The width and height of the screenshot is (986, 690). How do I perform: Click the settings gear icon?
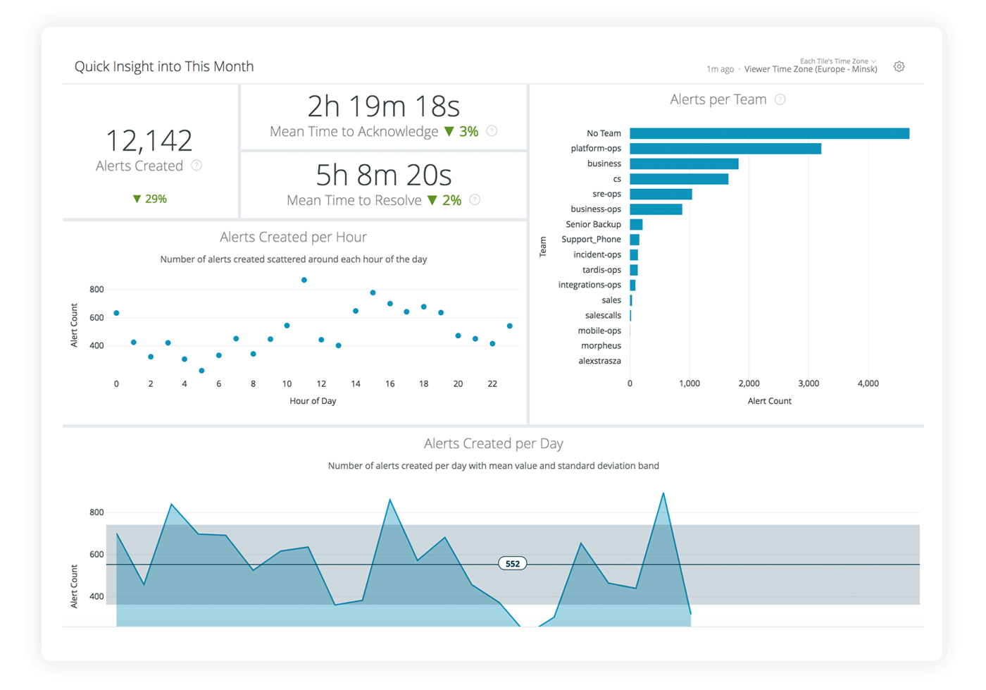(899, 67)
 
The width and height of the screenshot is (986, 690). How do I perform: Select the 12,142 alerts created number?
(149, 141)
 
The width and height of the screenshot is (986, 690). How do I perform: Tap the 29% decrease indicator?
(149, 199)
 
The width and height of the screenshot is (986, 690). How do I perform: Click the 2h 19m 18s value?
(383, 107)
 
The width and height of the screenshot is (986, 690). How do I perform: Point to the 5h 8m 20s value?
(383, 175)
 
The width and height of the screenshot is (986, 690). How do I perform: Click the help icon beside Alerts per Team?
(780, 100)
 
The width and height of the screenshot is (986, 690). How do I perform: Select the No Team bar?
(769, 133)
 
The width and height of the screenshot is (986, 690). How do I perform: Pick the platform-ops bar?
(725, 149)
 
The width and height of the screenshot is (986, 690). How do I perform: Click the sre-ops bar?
(661, 194)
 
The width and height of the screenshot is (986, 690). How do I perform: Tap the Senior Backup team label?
(593, 224)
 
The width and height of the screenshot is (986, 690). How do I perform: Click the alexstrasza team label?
(599, 361)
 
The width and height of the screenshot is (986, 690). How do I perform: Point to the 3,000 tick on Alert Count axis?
(808, 383)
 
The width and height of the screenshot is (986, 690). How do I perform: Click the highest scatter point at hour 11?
(304, 280)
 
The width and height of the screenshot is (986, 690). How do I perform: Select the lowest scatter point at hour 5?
(201, 371)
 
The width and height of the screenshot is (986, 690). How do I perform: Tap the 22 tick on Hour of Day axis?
(492, 384)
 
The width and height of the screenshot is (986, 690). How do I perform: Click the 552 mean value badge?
(513, 564)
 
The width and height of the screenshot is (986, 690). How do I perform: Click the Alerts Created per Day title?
(493, 444)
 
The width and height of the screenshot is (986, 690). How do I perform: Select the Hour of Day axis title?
(313, 401)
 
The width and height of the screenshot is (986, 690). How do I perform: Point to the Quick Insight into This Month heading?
(164, 67)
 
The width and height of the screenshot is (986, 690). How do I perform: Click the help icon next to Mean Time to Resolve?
(475, 200)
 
